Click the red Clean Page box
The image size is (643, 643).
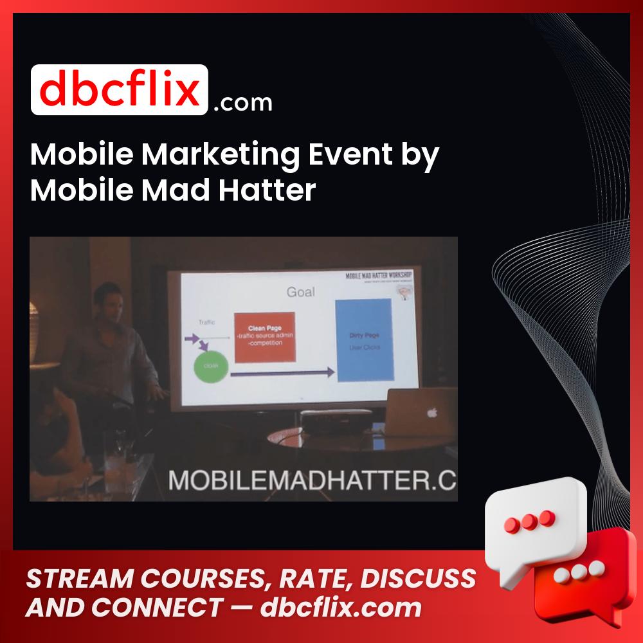click(264, 337)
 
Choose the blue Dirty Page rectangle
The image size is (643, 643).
click(363, 339)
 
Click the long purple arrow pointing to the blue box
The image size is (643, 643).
click(283, 373)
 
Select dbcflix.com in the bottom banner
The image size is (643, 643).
click(341, 607)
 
